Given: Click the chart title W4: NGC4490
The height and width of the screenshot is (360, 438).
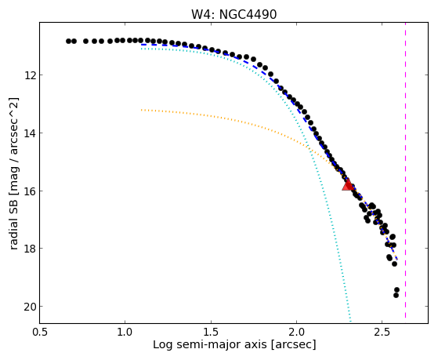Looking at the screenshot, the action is (233, 15).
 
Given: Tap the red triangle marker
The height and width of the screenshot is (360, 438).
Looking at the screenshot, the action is (348, 185).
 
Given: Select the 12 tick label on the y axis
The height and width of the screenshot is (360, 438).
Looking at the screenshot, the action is (29, 75).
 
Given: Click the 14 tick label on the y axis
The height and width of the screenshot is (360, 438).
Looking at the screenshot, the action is (29, 133).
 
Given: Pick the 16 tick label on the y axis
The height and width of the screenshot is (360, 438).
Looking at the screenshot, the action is (29, 191).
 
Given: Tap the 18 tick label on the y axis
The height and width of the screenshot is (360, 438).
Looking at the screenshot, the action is (29, 249).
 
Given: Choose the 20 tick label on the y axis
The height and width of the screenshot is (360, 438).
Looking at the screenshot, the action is (29, 307).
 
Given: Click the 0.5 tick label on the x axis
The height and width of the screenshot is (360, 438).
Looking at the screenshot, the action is (39, 332).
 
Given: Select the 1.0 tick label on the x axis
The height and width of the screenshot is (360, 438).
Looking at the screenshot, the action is (125, 332).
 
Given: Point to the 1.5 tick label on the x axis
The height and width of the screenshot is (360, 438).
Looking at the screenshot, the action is (211, 332).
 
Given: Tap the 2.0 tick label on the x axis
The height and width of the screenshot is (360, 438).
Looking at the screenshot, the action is (297, 332).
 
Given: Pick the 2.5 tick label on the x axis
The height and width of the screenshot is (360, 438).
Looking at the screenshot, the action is (382, 332).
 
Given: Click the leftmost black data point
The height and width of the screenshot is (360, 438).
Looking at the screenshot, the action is (68, 41).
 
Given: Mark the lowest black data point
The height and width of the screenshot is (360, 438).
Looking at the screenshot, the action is (396, 295).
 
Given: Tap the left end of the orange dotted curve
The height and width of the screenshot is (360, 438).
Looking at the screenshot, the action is (142, 110).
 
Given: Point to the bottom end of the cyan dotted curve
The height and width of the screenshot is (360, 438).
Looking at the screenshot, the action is (350, 322).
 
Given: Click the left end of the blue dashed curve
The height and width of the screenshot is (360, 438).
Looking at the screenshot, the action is (142, 45).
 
